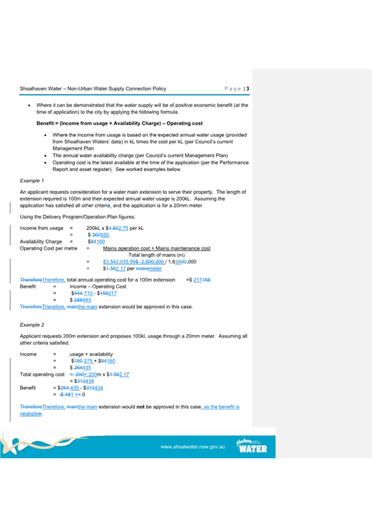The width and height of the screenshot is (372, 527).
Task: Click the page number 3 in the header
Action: tap(248, 89)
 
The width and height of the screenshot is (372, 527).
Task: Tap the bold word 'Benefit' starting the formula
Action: tap(47, 124)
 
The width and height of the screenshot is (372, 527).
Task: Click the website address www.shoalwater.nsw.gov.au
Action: tap(193, 447)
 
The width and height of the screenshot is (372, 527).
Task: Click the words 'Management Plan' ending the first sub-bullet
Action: tap(72, 148)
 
